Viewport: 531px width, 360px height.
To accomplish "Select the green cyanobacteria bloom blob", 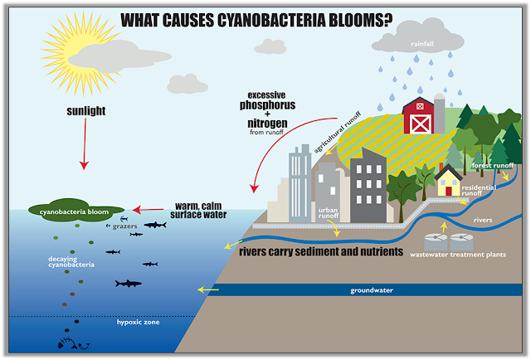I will [x=76, y=211].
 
